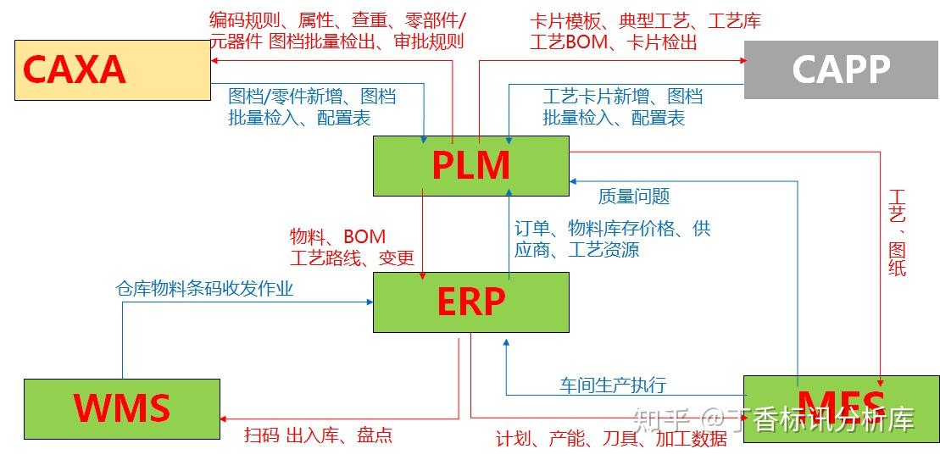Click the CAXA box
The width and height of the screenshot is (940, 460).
click(112, 70)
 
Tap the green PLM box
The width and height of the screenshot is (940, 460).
click(471, 165)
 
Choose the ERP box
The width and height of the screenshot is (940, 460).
click(471, 302)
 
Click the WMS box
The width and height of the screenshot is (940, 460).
click(121, 407)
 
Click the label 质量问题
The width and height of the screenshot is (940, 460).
click(633, 197)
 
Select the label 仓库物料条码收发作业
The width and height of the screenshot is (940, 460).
click(204, 289)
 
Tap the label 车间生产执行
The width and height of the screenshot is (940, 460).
click(612, 385)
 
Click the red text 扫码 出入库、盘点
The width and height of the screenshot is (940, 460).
click(318, 435)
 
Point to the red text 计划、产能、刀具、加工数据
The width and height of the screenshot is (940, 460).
click(611, 438)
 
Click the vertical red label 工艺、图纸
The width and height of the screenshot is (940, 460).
click(897, 233)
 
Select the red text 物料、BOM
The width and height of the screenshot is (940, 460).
click(337, 236)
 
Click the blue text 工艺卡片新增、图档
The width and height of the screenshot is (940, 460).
click(622, 97)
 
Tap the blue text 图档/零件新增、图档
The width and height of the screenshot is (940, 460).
click(312, 97)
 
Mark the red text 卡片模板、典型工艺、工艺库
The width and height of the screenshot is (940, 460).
click(644, 21)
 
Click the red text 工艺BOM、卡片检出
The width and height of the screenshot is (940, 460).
click(613, 42)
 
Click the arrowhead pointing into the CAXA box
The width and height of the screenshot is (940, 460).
click(215, 61)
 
